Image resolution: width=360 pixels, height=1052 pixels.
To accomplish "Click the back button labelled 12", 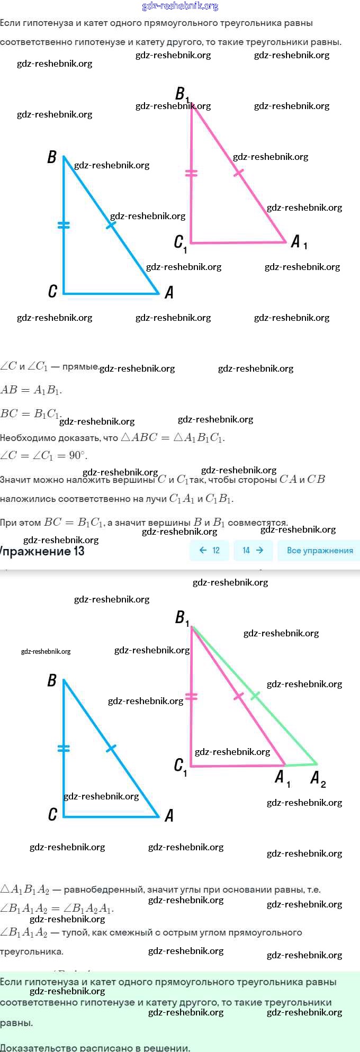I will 210,551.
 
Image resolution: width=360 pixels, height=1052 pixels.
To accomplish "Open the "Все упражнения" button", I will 319,551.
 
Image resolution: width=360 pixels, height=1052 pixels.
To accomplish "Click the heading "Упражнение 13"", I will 42,551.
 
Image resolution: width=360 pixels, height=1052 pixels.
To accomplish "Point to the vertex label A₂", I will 318,778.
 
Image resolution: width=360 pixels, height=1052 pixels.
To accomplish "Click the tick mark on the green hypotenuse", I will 255,695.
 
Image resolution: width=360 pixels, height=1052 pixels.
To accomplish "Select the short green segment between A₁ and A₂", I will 301,765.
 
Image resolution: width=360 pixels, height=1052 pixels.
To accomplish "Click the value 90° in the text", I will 78,455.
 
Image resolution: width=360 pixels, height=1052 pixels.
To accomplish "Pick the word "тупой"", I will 74,932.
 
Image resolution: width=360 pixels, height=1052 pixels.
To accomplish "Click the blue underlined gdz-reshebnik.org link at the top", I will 180,6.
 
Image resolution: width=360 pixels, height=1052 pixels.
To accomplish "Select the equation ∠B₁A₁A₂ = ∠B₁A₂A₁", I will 57,909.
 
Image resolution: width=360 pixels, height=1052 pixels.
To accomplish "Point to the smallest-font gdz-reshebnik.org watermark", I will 46,651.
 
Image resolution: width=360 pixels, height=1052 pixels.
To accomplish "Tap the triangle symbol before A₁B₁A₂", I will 5,889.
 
